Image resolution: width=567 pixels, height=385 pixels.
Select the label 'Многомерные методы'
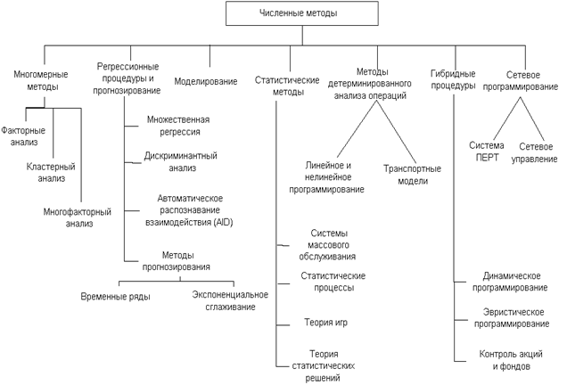click(36, 81)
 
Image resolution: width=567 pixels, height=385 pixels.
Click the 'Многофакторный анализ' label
click(78, 217)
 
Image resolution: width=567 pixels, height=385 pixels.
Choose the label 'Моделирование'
click(206, 82)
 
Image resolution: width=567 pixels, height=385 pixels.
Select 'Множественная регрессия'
click(179, 126)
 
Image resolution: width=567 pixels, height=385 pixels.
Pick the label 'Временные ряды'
click(115, 295)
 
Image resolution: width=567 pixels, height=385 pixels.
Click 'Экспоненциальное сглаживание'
click(224, 300)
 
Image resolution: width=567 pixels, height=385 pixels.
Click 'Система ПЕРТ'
click(487, 152)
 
